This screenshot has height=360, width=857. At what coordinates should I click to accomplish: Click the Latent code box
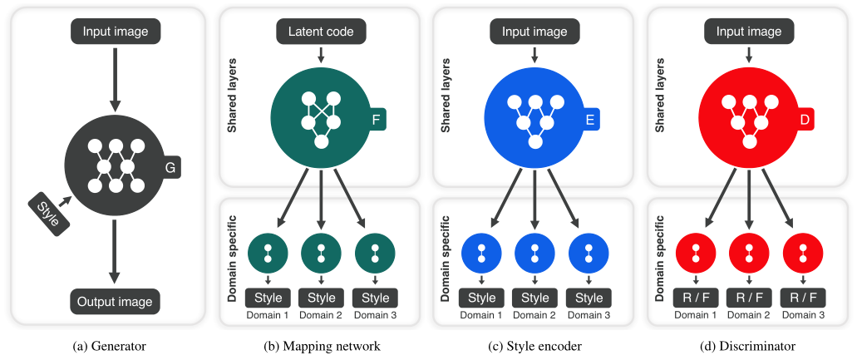point(321,31)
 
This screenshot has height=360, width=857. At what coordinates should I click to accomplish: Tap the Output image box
point(115,302)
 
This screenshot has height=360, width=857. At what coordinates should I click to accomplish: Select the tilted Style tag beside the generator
point(49,215)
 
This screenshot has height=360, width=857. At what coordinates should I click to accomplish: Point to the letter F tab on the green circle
point(376,121)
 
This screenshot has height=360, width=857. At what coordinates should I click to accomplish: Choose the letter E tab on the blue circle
point(589,121)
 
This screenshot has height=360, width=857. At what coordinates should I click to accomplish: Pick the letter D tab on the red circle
point(804,121)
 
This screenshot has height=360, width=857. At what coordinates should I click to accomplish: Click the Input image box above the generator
point(116,31)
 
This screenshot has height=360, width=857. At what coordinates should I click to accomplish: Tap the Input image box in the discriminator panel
point(749,31)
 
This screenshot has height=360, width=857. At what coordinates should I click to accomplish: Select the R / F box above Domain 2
point(749,298)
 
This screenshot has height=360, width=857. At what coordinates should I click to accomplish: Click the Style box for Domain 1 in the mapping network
point(268,298)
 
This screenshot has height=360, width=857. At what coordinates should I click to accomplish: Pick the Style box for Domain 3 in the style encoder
point(589,298)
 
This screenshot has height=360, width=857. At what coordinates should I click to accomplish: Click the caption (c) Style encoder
point(534,346)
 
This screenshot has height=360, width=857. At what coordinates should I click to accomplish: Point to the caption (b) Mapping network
point(322,346)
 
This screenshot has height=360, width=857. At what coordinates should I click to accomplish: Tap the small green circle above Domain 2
point(322,253)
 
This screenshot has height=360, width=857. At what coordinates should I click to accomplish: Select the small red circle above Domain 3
point(803,253)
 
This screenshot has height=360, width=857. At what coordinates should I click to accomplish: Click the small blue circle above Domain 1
point(481,253)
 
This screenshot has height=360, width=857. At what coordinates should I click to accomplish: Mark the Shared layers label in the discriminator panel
point(660,96)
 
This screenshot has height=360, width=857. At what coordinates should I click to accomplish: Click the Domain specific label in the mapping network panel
point(231,259)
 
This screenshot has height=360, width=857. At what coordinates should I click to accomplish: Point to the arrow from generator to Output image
point(114,252)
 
